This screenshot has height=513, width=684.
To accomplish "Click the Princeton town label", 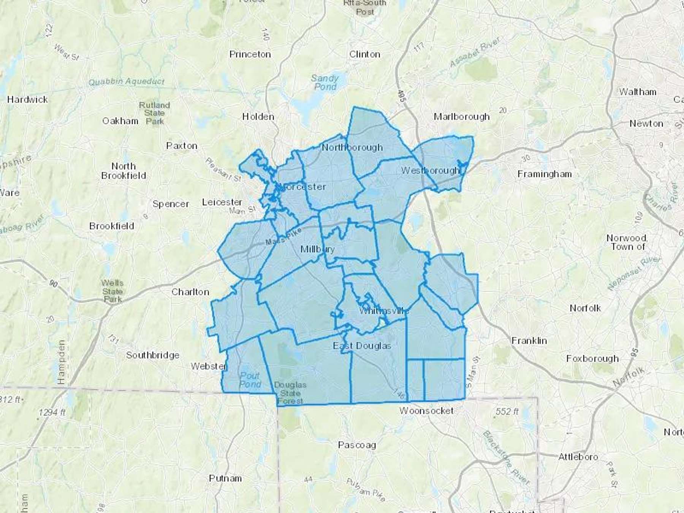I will (250, 54).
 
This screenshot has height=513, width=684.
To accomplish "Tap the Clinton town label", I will (364, 54).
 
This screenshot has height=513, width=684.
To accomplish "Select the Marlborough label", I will (461, 117).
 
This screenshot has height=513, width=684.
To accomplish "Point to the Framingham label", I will (544, 174).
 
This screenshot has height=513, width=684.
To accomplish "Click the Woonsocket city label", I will (426, 411).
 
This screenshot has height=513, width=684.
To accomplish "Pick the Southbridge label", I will (153, 355).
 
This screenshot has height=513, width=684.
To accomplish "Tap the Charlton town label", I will (190, 292).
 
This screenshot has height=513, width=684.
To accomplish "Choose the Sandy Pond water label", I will (325, 82).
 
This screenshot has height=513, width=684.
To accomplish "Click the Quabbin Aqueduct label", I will (126, 81).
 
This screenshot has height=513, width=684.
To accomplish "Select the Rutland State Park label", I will (154, 113).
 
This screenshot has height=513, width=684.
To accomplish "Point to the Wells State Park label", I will (112, 291).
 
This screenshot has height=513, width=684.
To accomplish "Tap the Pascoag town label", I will (357, 445).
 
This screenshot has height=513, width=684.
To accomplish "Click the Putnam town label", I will (225, 478).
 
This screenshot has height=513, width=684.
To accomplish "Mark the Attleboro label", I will (578, 457).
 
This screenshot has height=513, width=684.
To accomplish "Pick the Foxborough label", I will (592, 358).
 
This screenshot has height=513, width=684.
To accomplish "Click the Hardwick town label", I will (27, 100).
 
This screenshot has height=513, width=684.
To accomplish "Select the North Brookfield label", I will (123, 171).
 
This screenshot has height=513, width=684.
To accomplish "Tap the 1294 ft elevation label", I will (52, 412).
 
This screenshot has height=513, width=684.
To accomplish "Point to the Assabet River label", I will (475, 53).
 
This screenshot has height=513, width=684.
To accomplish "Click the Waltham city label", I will (638, 92).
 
